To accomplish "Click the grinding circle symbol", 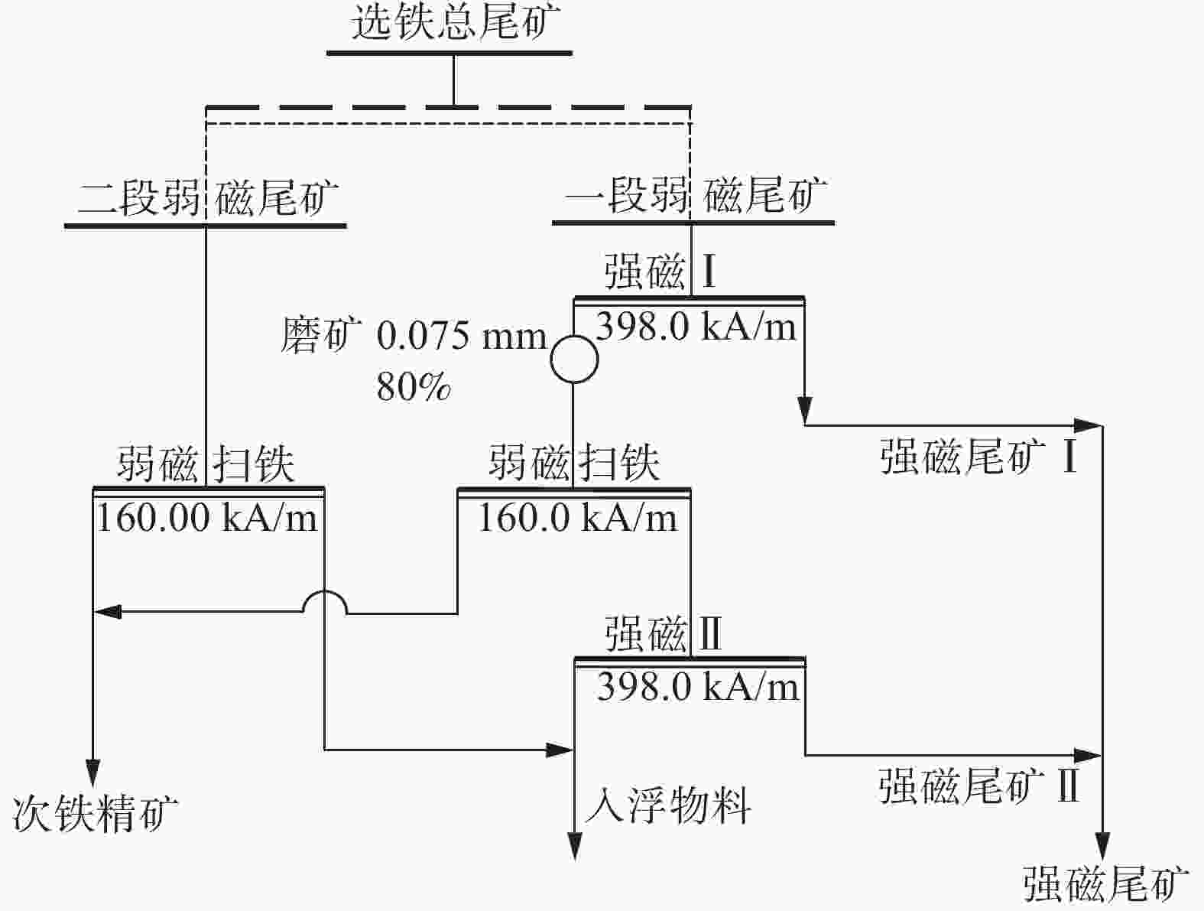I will (x=573, y=358).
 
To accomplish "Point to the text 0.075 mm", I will (x=462, y=336).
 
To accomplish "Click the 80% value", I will (x=413, y=387).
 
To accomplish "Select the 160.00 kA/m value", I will (x=206, y=518).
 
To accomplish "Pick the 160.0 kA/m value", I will (x=577, y=518).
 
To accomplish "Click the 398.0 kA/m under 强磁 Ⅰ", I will (x=696, y=327).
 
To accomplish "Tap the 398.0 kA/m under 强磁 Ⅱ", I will (x=697, y=686).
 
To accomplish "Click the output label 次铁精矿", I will (x=95, y=812).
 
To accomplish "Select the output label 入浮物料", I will (x=667, y=805).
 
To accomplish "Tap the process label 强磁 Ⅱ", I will (x=663, y=634).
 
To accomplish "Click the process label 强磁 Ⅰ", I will (x=660, y=272).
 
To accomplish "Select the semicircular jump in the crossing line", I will (x=325, y=603).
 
